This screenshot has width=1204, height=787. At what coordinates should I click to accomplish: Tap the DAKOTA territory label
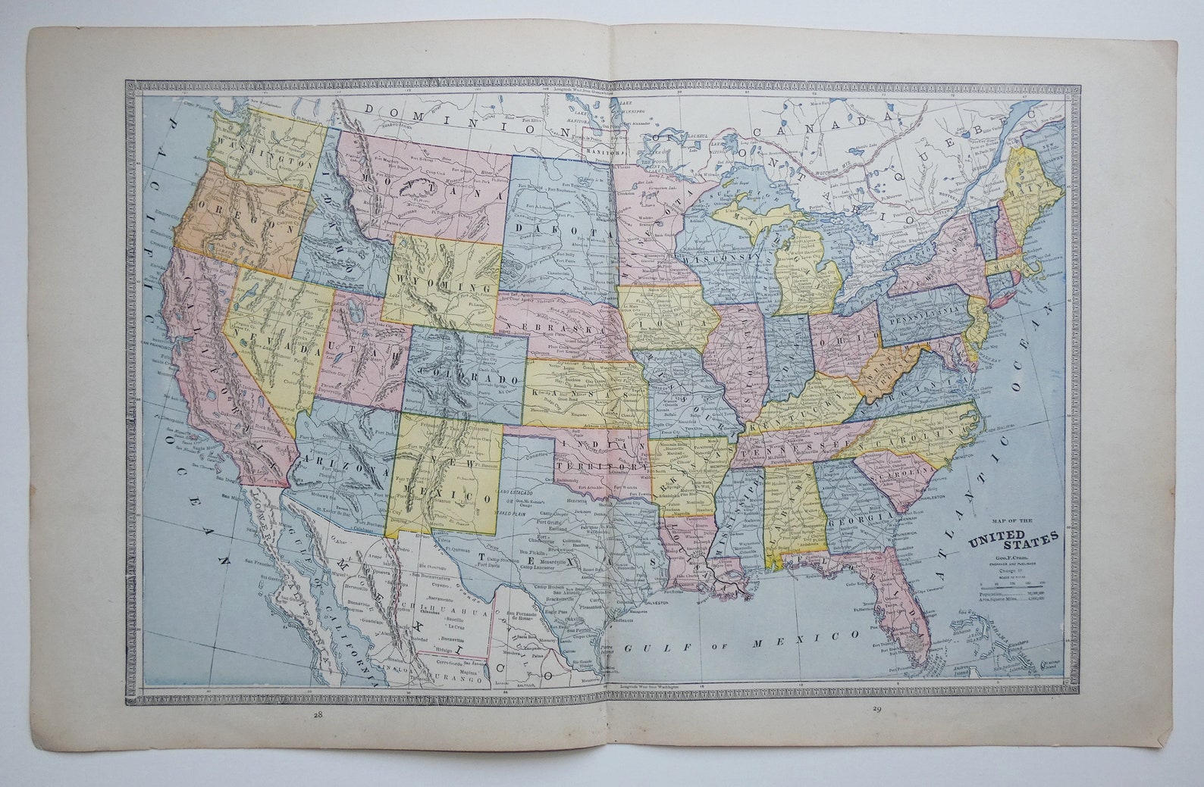(x=547, y=226)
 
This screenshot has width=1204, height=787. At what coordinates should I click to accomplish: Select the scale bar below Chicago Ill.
(x=1012, y=582)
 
